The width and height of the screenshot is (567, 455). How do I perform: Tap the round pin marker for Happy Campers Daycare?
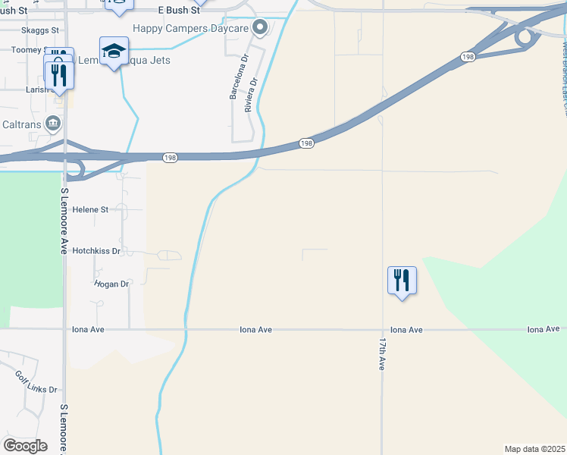tap(260, 28)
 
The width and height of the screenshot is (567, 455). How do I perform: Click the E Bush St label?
tap(179, 11)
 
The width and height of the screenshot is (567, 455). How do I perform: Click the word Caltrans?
tap(20, 123)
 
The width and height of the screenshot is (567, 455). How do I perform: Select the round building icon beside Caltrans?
tap(52, 123)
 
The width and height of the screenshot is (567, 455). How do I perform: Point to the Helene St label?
tap(90, 209)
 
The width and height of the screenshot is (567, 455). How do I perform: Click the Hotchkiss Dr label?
tap(96, 250)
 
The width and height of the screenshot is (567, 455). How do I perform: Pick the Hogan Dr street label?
tap(111, 284)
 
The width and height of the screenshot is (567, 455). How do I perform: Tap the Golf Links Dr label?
tap(36, 381)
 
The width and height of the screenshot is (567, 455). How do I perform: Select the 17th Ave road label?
tap(382, 354)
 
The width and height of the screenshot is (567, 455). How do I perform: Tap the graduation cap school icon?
tap(114, 51)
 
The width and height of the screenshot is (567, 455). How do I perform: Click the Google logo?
tap(25, 446)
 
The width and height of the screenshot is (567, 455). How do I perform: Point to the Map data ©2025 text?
tap(534, 449)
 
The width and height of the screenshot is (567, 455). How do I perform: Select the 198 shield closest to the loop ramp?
tap(468, 58)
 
